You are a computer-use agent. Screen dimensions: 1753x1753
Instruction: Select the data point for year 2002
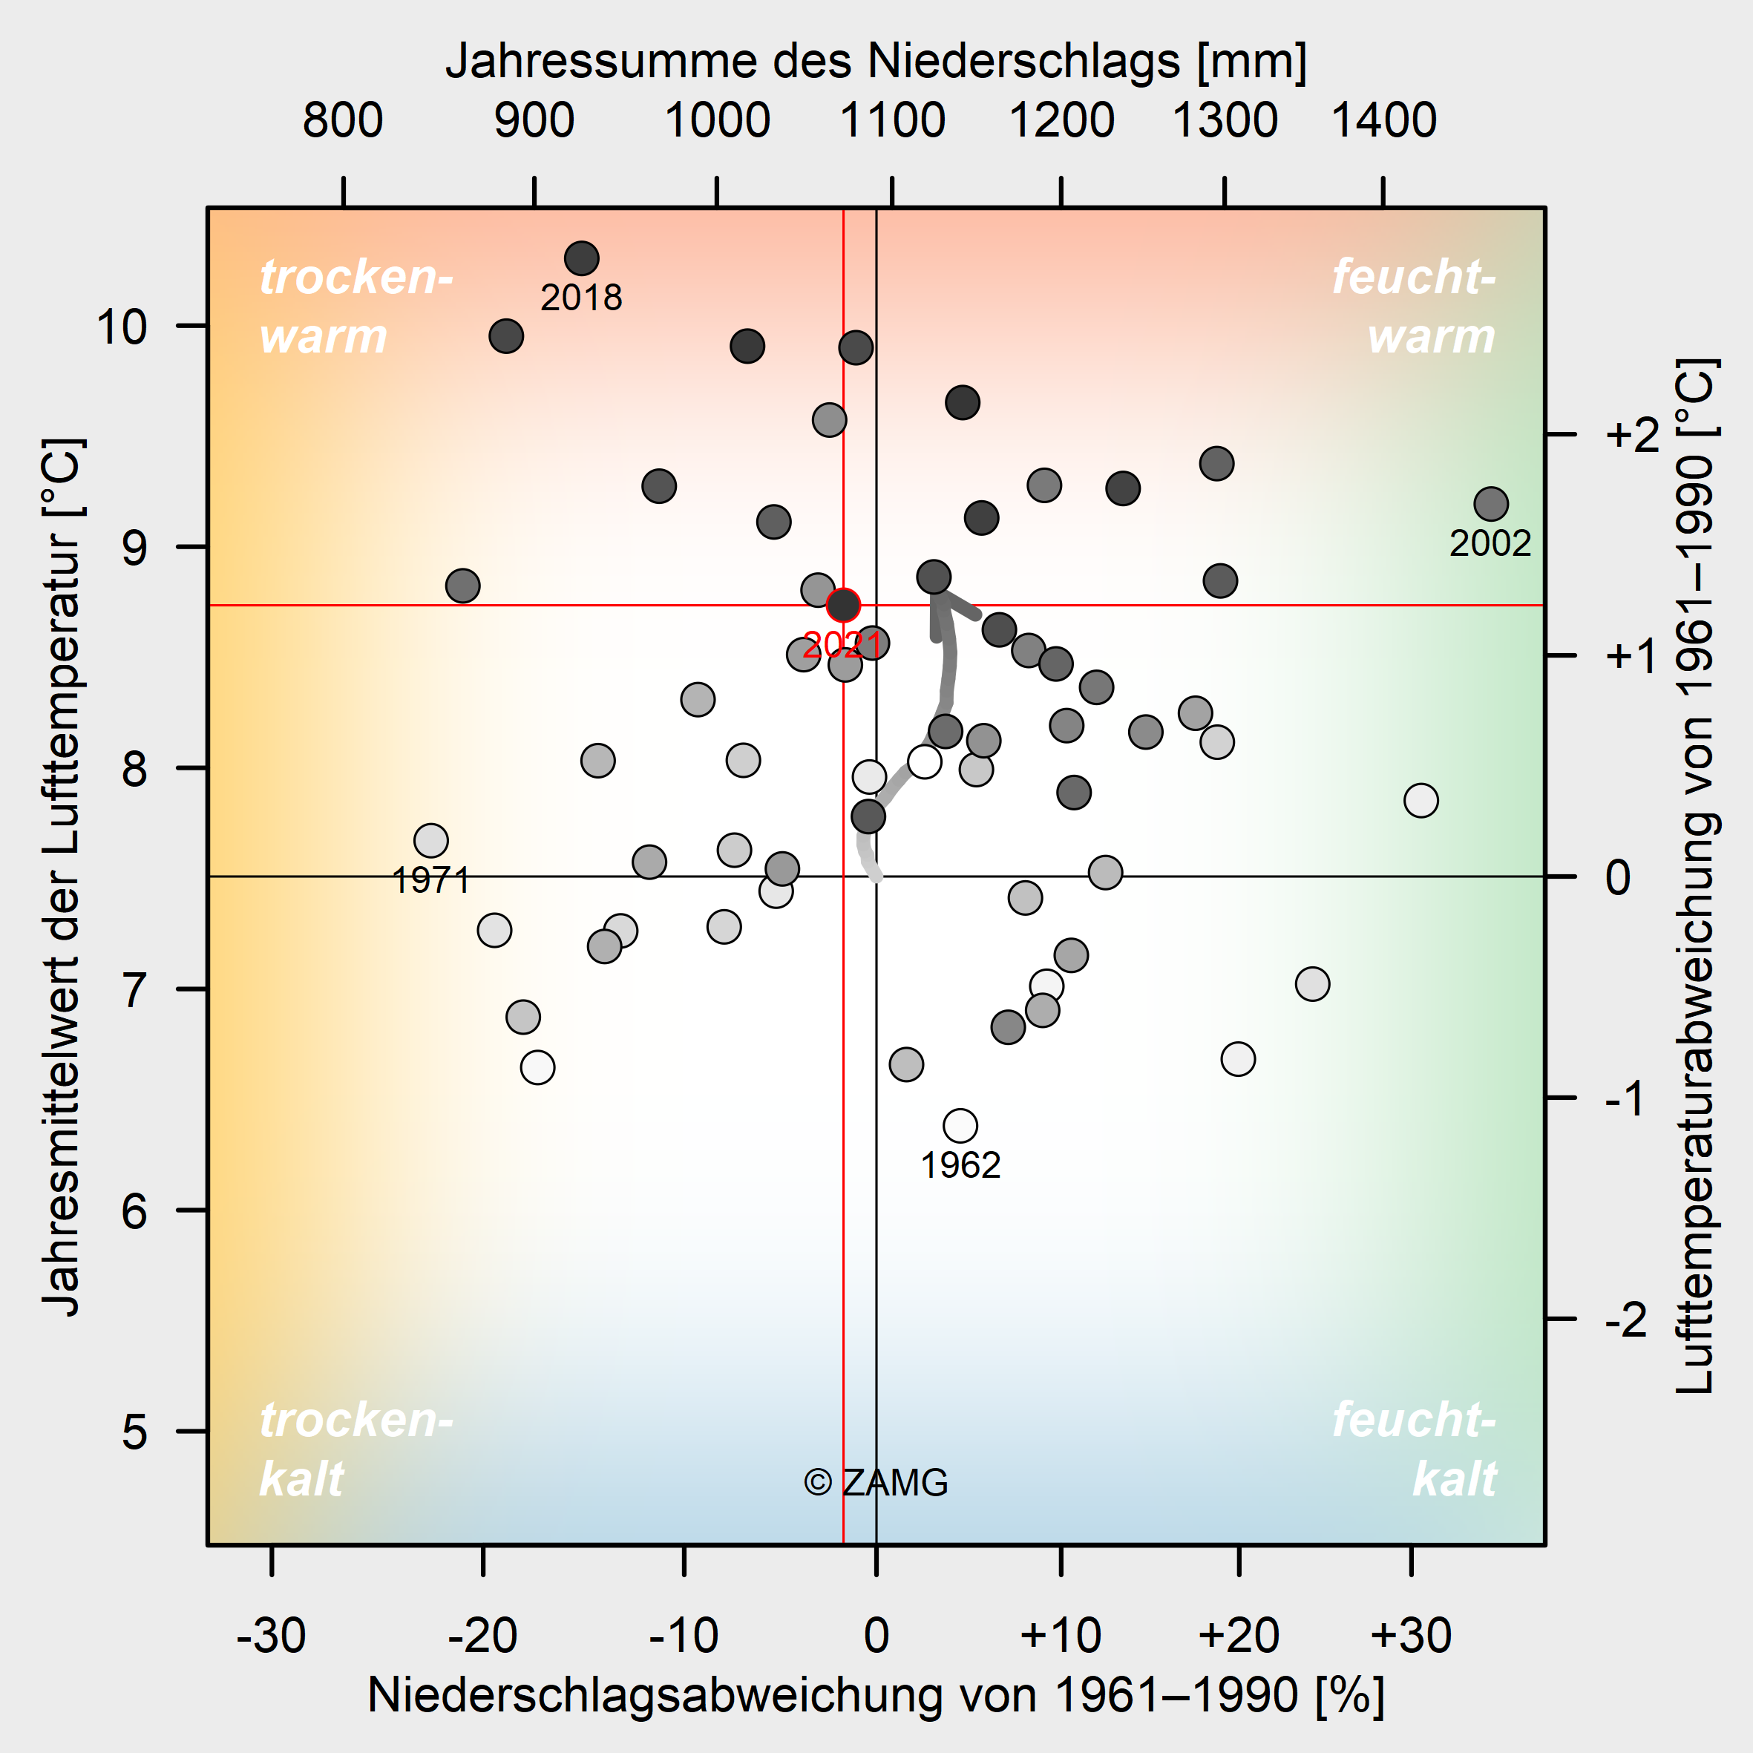point(1491,504)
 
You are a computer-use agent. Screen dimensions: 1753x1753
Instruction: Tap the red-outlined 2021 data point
point(843,604)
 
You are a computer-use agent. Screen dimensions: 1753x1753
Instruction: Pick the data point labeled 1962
point(960,1126)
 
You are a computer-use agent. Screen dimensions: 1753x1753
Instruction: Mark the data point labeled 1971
point(431,841)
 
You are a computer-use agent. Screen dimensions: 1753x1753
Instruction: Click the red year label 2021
point(842,645)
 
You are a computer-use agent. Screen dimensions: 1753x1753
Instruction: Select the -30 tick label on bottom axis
point(272,1636)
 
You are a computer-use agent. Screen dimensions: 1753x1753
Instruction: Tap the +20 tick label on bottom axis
point(1239,1636)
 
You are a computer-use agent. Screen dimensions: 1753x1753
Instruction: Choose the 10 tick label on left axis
point(122,327)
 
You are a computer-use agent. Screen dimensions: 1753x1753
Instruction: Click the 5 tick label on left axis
point(134,1432)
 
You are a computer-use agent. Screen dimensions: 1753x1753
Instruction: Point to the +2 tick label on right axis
point(1632,436)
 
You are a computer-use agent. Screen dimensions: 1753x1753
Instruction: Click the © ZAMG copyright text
point(876,1483)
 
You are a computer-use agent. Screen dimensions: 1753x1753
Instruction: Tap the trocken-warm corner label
point(355,307)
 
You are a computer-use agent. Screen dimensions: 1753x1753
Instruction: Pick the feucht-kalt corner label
point(1414,1449)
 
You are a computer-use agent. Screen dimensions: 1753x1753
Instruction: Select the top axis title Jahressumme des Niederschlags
point(876,62)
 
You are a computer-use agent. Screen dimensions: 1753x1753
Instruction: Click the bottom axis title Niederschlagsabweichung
point(876,1694)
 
